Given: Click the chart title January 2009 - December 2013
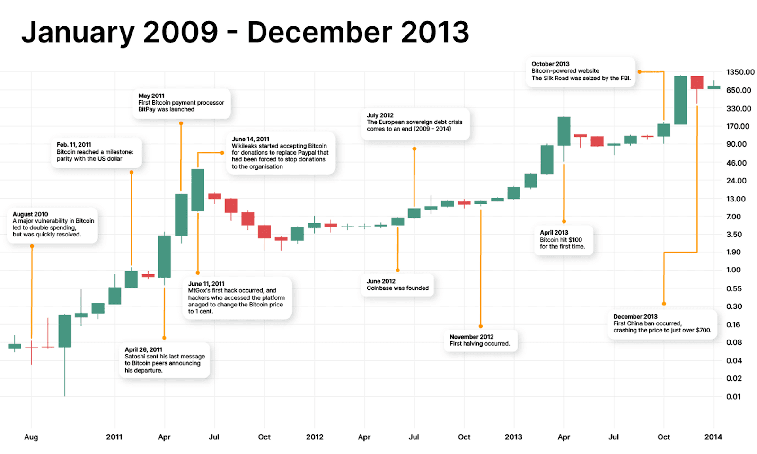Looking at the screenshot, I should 245,32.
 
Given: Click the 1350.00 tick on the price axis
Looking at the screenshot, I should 740,72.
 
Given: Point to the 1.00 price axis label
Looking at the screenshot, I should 733,270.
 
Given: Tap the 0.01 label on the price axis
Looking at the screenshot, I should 733,397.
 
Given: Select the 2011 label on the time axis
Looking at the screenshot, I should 114,437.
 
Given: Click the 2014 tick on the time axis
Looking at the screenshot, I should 713,437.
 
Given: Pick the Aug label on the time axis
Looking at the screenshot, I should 31,437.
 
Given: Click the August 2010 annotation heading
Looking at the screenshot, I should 30,214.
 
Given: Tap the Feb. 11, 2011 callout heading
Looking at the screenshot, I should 74,145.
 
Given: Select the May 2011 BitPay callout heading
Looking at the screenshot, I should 151,96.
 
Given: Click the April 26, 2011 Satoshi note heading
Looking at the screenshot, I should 143,349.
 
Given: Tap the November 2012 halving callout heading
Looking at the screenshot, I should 471,337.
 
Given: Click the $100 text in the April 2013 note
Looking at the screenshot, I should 575,240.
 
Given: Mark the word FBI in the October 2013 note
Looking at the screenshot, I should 624,78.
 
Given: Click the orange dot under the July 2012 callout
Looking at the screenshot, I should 414,149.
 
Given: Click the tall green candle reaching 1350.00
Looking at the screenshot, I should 680,100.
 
